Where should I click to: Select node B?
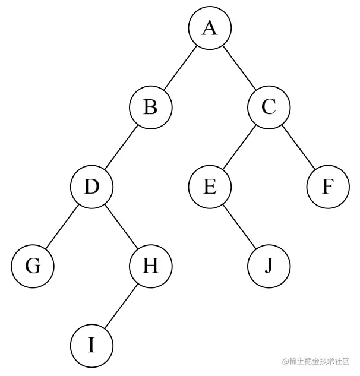click(150, 108)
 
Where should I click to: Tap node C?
click(269, 108)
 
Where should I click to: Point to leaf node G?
click(33, 266)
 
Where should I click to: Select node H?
click(150, 266)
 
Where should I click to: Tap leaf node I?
click(91, 345)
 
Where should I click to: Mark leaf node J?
click(269, 266)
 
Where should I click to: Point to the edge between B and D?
click(121, 147)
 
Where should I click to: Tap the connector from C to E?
click(239, 147)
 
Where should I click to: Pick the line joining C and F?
click(298, 147)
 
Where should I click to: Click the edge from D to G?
click(62, 226)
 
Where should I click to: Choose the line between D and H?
click(121, 226)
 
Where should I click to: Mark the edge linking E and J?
click(239, 226)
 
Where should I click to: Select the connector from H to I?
click(121, 305)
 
